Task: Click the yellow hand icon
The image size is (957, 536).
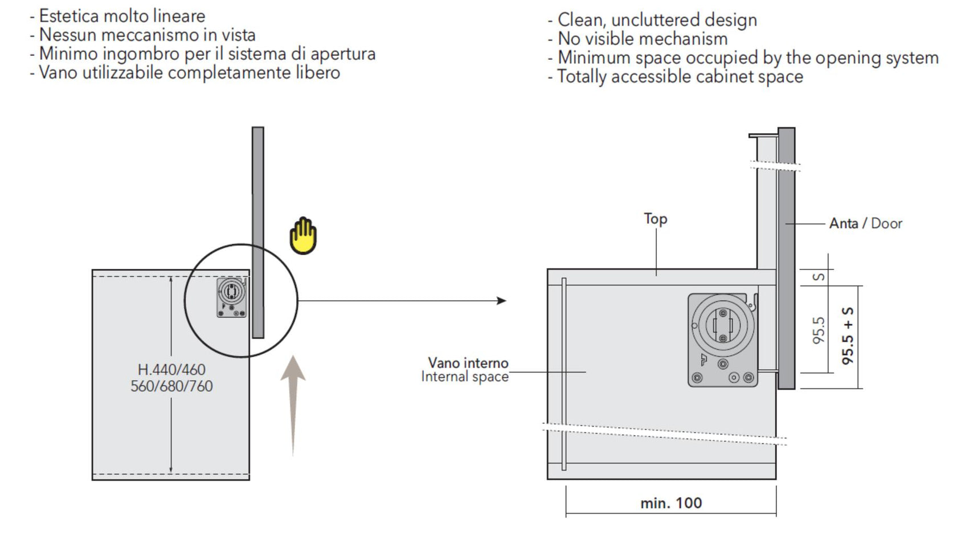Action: tap(302, 236)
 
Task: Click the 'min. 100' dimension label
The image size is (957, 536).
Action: tap(671, 503)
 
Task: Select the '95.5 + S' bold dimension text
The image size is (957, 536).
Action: tap(848, 336)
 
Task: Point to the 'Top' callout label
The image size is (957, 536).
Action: tap(656, 219)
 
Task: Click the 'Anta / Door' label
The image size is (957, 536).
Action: tap(865, 223)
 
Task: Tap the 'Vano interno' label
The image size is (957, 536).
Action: tap(468, 363)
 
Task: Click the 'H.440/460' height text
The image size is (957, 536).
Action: tap(171, 370)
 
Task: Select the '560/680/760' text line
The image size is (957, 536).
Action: tap(171, 386)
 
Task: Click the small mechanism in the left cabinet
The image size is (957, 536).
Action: tap(232, 297)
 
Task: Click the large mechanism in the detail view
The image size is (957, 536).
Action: tap(723, 339)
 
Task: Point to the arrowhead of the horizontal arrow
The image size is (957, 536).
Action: tap(501, 301)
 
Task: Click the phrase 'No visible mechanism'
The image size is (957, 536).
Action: tap(643, 39)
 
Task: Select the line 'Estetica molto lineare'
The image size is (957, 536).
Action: tap(122, 16)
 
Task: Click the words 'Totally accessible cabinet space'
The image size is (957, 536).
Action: tap(680, 76)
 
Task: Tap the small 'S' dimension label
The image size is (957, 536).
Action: tap(819, 277)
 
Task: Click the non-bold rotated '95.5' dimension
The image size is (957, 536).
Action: tap(819, 330)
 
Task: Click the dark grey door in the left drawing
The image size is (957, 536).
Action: tap(258, 228)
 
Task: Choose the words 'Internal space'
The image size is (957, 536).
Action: tap(465, 377)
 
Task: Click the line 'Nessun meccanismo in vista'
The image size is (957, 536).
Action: tap(147, 35)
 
